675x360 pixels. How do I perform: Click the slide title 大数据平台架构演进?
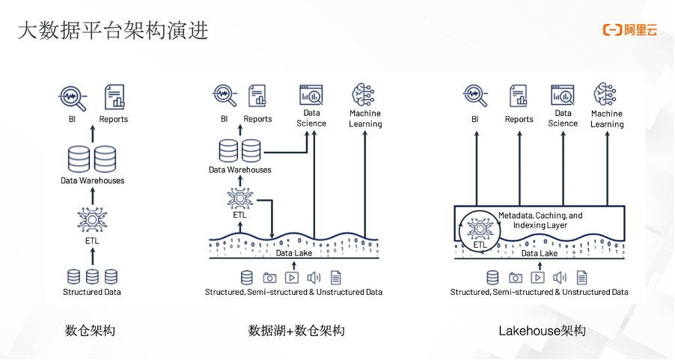(x=113, y=31)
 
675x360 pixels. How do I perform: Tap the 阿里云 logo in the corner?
(x=630, y=31)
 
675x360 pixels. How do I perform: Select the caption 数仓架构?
(x=90, y=330)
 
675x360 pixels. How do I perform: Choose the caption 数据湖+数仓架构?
(x=296, y=330)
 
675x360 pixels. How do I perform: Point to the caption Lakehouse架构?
(x=542, y=330)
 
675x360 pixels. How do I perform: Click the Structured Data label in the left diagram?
(x=92, y=292)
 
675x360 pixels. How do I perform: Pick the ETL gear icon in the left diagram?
(x=92, y=220)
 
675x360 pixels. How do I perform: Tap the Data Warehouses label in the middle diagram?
(x=239, y=170)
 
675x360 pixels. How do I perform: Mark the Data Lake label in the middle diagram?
(x=294, y=253)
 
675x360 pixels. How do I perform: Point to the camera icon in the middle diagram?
(x=270, y=277)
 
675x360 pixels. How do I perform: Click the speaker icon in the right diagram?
(x=559, y=277)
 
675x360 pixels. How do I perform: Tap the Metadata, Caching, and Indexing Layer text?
(x=540, y=220)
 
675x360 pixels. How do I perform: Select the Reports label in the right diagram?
(x=519, y=119)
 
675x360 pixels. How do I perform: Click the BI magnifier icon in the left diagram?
(x=73, y=97)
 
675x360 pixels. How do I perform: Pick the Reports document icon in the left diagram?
(x=114, y=97)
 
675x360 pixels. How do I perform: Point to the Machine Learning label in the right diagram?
(x=607, y=119)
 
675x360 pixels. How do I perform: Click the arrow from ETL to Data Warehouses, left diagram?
(x=92, y=195)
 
